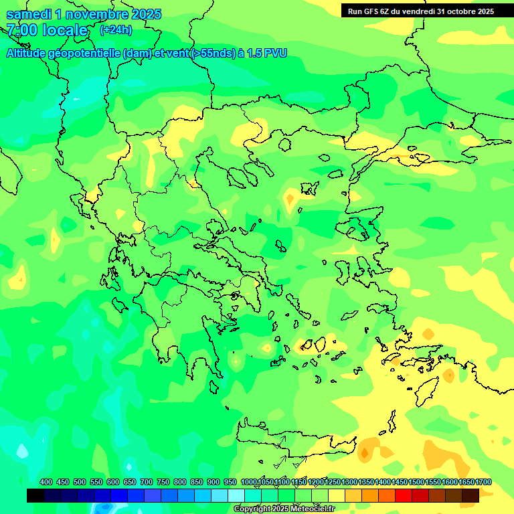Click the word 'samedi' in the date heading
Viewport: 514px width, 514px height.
(29, 14)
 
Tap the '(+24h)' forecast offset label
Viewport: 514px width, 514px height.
(116, 29)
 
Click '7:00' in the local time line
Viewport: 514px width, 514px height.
(21, 30)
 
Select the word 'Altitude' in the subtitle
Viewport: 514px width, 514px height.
(29, 53)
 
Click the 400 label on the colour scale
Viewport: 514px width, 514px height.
(46, 482)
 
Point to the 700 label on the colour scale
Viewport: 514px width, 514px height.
(147, 482)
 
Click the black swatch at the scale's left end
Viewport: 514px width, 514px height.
(35, 495)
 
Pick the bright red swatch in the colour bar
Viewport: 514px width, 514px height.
(404, 495)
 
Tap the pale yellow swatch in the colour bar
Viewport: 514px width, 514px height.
(337, 495)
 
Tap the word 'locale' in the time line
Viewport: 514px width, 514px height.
(65, 30)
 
